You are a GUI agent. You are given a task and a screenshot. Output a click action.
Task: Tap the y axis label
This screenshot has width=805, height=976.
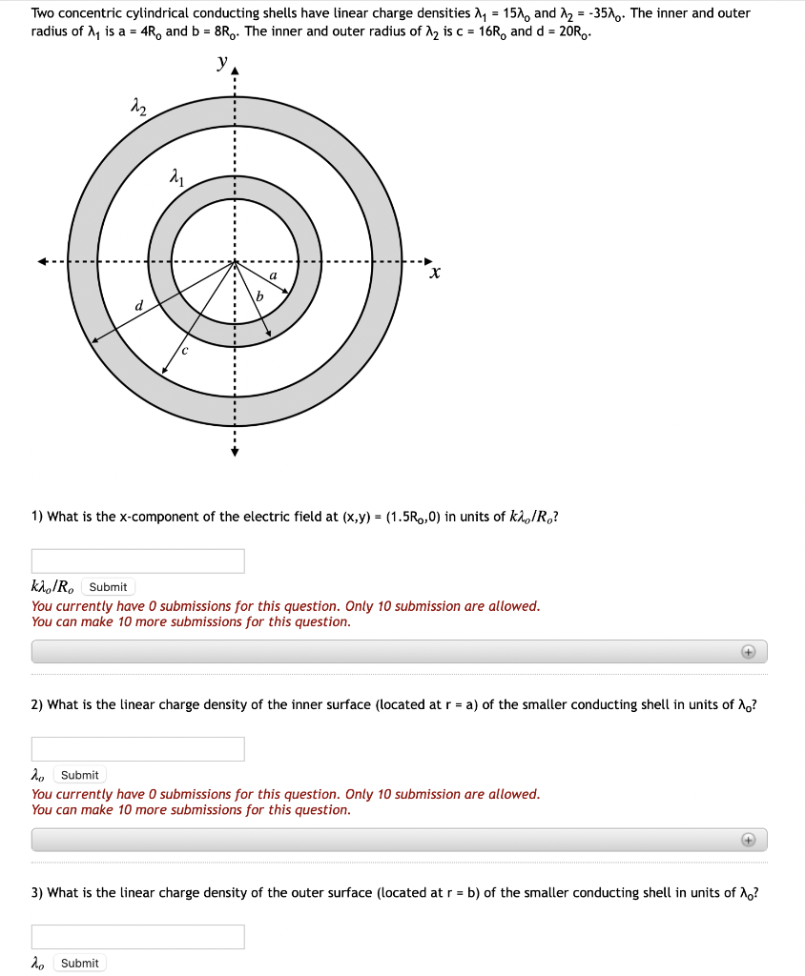pos(223,63)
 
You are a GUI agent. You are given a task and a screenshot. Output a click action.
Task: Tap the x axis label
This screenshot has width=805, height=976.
pos(435,274)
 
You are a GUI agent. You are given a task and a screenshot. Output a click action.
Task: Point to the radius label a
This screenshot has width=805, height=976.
pos(274,275)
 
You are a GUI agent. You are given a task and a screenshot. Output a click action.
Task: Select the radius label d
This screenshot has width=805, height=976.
pos(139,305)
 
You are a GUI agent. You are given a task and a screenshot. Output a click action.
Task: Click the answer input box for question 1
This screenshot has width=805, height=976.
pos(138,561)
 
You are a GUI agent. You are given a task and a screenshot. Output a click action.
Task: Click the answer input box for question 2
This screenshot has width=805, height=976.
pos(138,749)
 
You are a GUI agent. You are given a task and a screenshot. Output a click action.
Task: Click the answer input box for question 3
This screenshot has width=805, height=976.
pos(138,937)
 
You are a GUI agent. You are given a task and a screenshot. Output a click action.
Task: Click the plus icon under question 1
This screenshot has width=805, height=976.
pos(749,652)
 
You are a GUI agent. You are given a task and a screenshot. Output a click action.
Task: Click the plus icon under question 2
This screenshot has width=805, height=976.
pos(749,840)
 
